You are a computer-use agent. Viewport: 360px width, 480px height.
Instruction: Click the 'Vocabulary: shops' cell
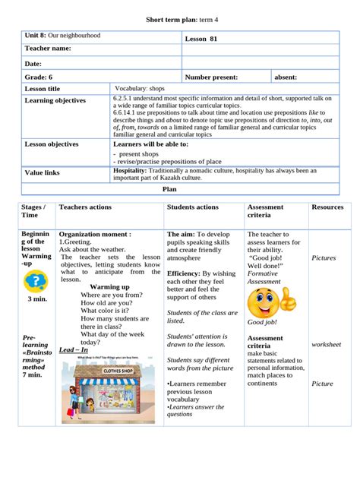141,88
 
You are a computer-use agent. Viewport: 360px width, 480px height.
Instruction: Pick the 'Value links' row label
44,173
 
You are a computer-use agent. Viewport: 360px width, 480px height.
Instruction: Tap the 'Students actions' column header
192,207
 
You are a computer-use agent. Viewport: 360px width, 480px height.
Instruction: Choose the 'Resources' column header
327,207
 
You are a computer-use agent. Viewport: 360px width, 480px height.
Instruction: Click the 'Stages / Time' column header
34,211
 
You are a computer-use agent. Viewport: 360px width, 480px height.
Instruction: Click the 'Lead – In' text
74,350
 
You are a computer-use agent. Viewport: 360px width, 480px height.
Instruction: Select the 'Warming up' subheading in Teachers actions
109,287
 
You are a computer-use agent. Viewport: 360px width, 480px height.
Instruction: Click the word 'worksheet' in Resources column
327,344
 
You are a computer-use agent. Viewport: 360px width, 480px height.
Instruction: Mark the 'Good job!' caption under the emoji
262,322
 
